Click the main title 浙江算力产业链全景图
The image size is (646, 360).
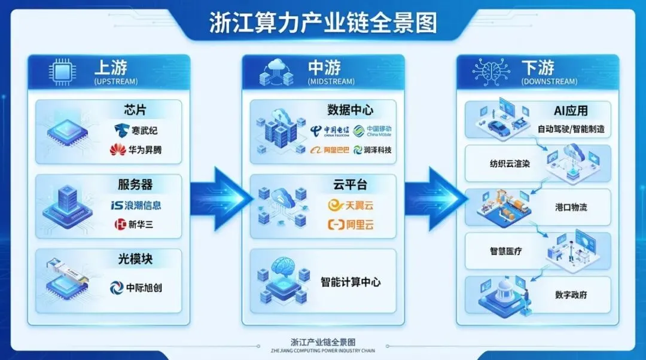[x=322, y=23]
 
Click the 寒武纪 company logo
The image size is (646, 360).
[x=138, y=130]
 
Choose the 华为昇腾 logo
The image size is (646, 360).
[x=136, y=150]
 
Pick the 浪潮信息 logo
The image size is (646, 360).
[x=136, y=205]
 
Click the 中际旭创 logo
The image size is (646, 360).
[x=136, y=288]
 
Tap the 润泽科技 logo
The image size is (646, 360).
[x=373, y=150]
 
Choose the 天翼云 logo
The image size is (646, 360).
[x=351, y=206]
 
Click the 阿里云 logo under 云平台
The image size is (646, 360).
[x=351, y=225]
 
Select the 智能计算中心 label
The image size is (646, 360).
[x=351, y=282]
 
